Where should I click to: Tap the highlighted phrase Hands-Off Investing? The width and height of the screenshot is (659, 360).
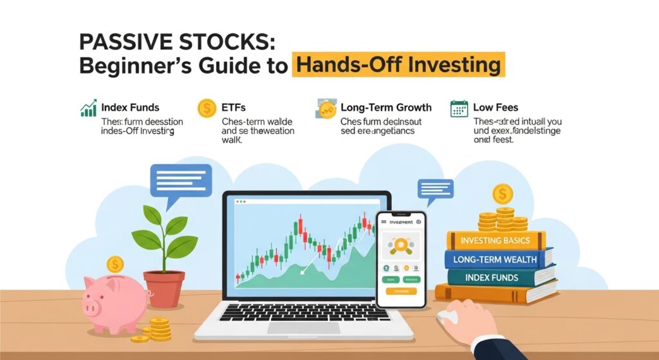coord(396,66)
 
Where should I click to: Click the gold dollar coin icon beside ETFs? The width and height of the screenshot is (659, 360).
coord(207,108)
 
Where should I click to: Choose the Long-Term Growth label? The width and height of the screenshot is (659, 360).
coord(386,108)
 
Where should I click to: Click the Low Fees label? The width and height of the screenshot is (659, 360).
coord(496,108)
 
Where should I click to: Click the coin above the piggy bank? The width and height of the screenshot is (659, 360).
coord(115,263)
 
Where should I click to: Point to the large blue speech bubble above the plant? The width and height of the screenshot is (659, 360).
coord(180,180)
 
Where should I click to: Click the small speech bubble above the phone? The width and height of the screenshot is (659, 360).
coord(435,189)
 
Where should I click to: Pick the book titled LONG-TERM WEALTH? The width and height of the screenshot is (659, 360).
coord(498,259)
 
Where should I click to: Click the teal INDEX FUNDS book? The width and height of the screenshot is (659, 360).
coord(492,278)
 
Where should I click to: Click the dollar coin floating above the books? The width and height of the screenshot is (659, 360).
coord(502,193)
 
